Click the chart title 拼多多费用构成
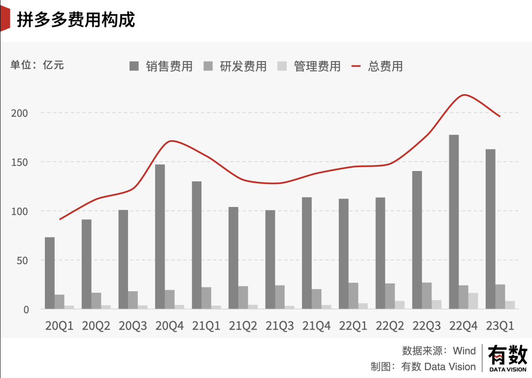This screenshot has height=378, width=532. (76, 20)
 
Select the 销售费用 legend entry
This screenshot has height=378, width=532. (161, 66)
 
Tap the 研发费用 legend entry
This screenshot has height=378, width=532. (235, 66)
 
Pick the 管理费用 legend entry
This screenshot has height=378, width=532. (309, 66)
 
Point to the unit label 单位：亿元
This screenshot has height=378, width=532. (37, 65)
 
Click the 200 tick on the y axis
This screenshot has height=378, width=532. (20, 113)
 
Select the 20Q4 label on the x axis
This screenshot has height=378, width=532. (169, 326)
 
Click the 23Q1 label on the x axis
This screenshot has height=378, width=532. (500, 326)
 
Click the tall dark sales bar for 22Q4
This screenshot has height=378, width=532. (454, 222)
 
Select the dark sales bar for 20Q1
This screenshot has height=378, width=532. (49, 273)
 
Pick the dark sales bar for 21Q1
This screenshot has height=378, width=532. (197, 245)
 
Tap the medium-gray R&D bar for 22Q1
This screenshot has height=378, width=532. (353, 296)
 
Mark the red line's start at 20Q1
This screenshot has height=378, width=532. (59, 219)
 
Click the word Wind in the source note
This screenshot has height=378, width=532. (464, 351)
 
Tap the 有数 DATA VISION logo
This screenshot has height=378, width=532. (507, 358)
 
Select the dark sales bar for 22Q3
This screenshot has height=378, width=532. (417, 240)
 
